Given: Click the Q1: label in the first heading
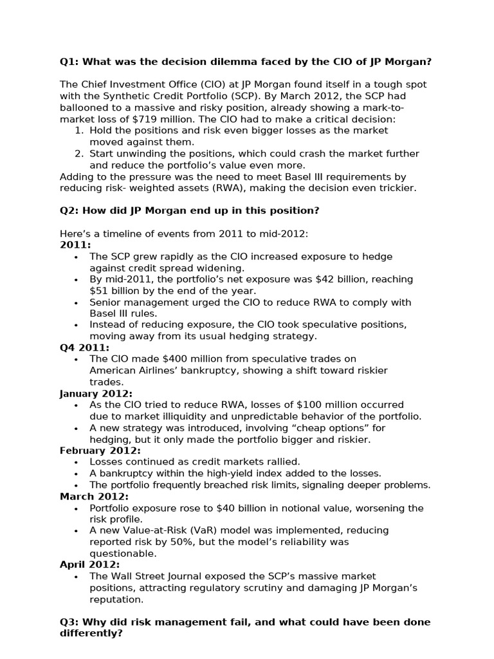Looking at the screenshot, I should click(x=69, y=62).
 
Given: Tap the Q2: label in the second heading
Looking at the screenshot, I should click(x=69, y=211).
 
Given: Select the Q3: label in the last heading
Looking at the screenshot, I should click(x=69, y=622).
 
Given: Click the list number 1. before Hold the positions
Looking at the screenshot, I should click(x=79, y=131).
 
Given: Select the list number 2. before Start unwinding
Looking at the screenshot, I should click(x=79, y=154).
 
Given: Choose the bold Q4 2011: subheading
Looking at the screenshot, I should click(x=84, y=348).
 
